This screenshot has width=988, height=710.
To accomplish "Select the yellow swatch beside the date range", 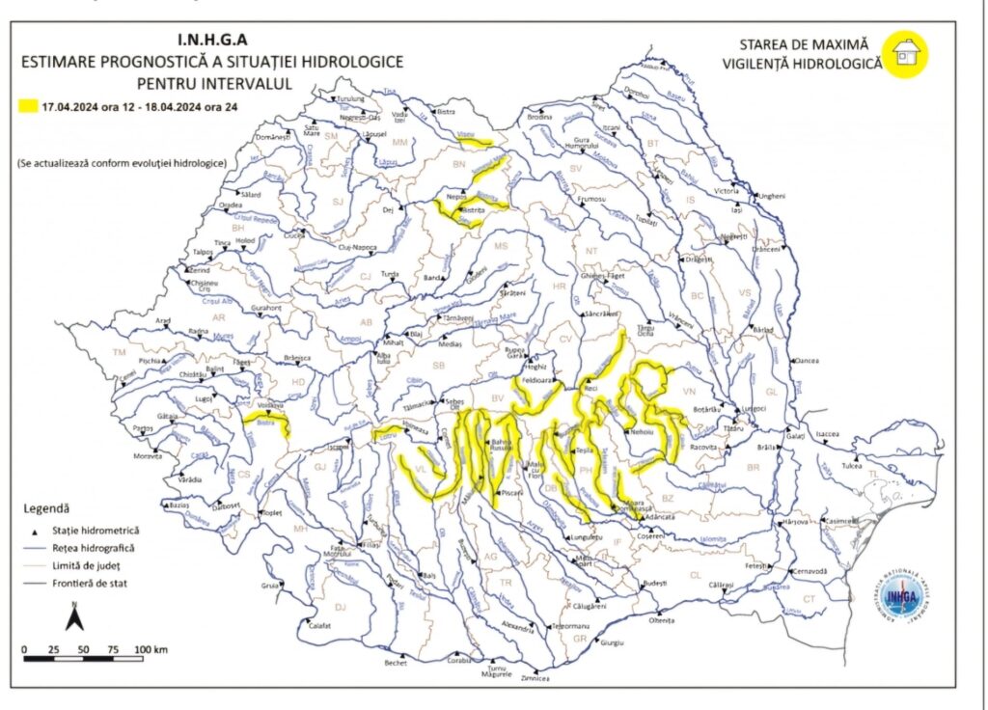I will (28, 106).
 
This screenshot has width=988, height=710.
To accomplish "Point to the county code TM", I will (120, 353).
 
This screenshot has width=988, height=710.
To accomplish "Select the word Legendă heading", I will (45, 507).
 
